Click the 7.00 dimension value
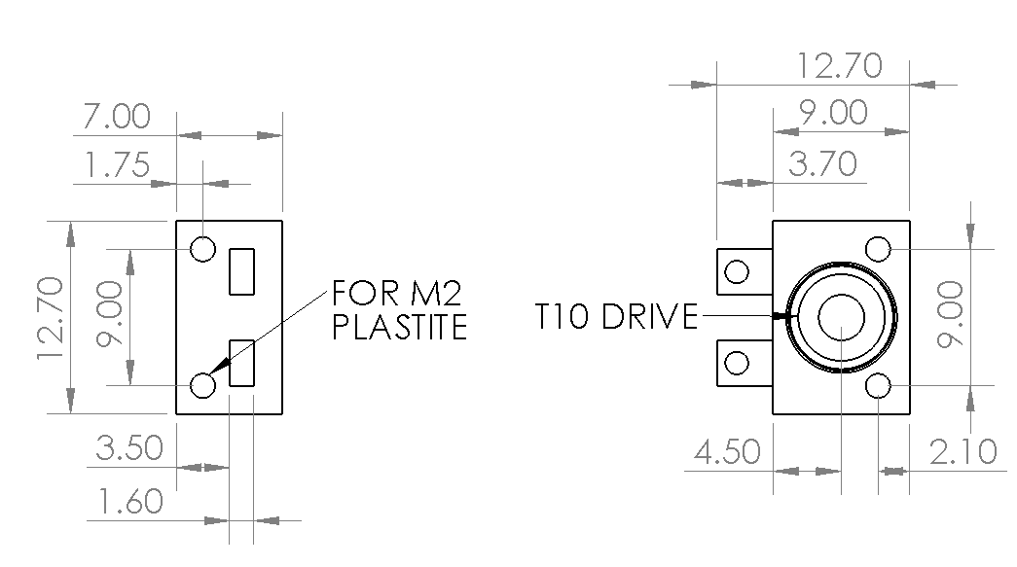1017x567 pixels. pos(117,117)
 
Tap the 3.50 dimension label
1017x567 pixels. pos(129,447)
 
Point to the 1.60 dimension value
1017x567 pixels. pos(129,502)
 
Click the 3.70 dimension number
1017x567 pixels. pos(822,163)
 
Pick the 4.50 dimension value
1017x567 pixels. pos(727,451)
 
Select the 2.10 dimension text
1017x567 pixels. pos(963,451)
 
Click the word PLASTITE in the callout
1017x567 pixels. pos(400,327)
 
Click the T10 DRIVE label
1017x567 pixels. pos(616,317)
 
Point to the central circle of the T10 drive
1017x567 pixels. pos(841,317)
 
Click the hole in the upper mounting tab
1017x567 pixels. pos(736,271)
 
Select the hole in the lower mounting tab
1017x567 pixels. pos(736,363)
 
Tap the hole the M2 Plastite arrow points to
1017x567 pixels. pos(203,385)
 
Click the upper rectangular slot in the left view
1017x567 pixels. pos(242,271)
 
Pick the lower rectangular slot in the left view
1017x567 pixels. pos(242,363)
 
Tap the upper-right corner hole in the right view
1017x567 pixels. pos(878,249)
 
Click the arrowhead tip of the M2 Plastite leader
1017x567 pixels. pos(210,373)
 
